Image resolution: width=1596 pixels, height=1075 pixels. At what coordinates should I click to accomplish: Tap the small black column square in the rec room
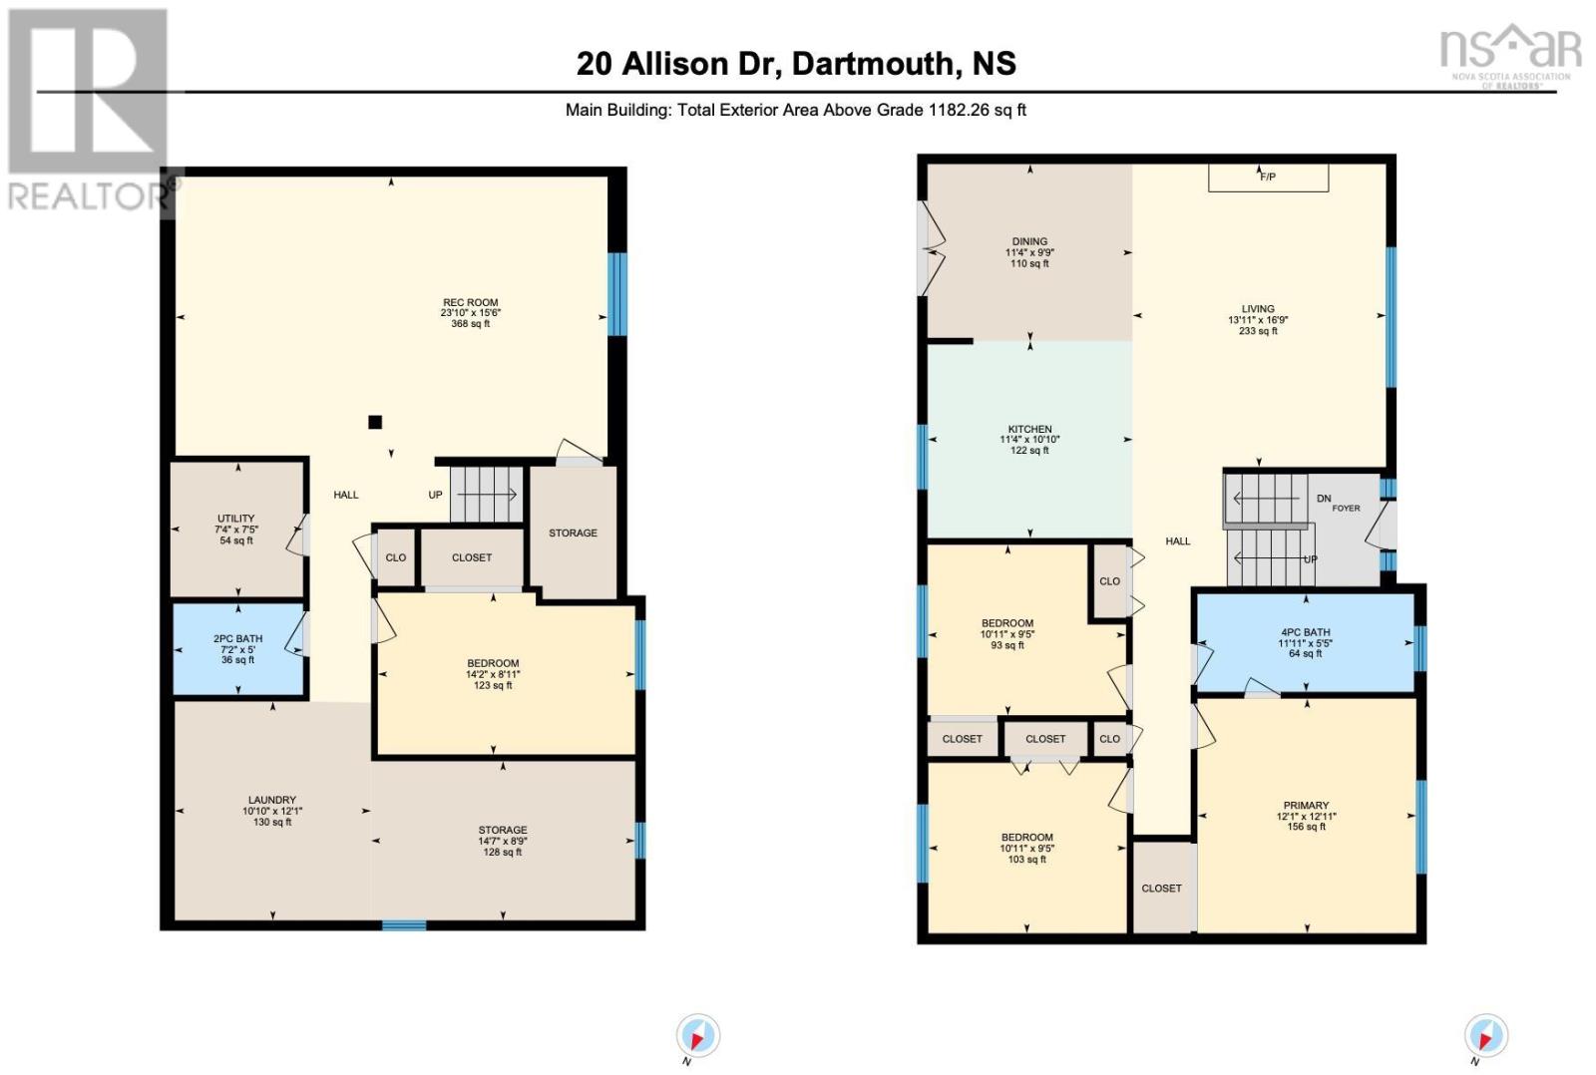point(375,422)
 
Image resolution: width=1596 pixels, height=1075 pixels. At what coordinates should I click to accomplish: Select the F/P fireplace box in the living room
point(1268,178)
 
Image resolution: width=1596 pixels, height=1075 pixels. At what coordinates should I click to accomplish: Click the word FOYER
point(1346,509)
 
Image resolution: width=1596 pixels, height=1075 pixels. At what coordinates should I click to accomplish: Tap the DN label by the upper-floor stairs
point(1324,499)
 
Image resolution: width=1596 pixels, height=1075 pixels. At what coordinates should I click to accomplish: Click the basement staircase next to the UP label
point(486,494)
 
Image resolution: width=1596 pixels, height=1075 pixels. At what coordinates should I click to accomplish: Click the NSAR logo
point(1510,56)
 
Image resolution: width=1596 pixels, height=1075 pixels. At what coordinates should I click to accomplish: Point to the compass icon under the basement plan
point(697,1036)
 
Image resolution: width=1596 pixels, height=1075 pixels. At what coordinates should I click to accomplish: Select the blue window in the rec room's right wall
point(617,293)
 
